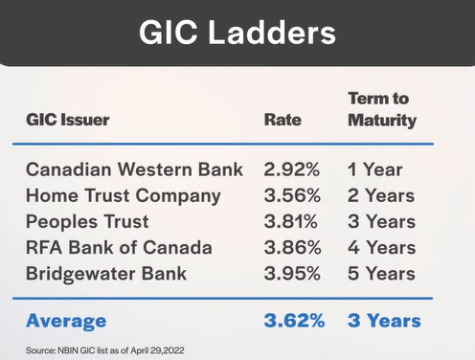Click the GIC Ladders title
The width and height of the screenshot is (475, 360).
click(x=237, y=33)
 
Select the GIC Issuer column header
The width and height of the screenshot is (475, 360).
click(x=68, y=121)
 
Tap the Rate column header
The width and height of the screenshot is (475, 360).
click(x=283, y=121)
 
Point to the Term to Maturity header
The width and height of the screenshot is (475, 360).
click(x=382, y=109)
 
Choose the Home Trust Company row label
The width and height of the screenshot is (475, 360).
click(x=124, y=197)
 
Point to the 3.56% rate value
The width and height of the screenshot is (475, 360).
click(x=288, y=197)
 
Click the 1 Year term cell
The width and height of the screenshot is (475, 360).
click(x=374, y=171)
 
